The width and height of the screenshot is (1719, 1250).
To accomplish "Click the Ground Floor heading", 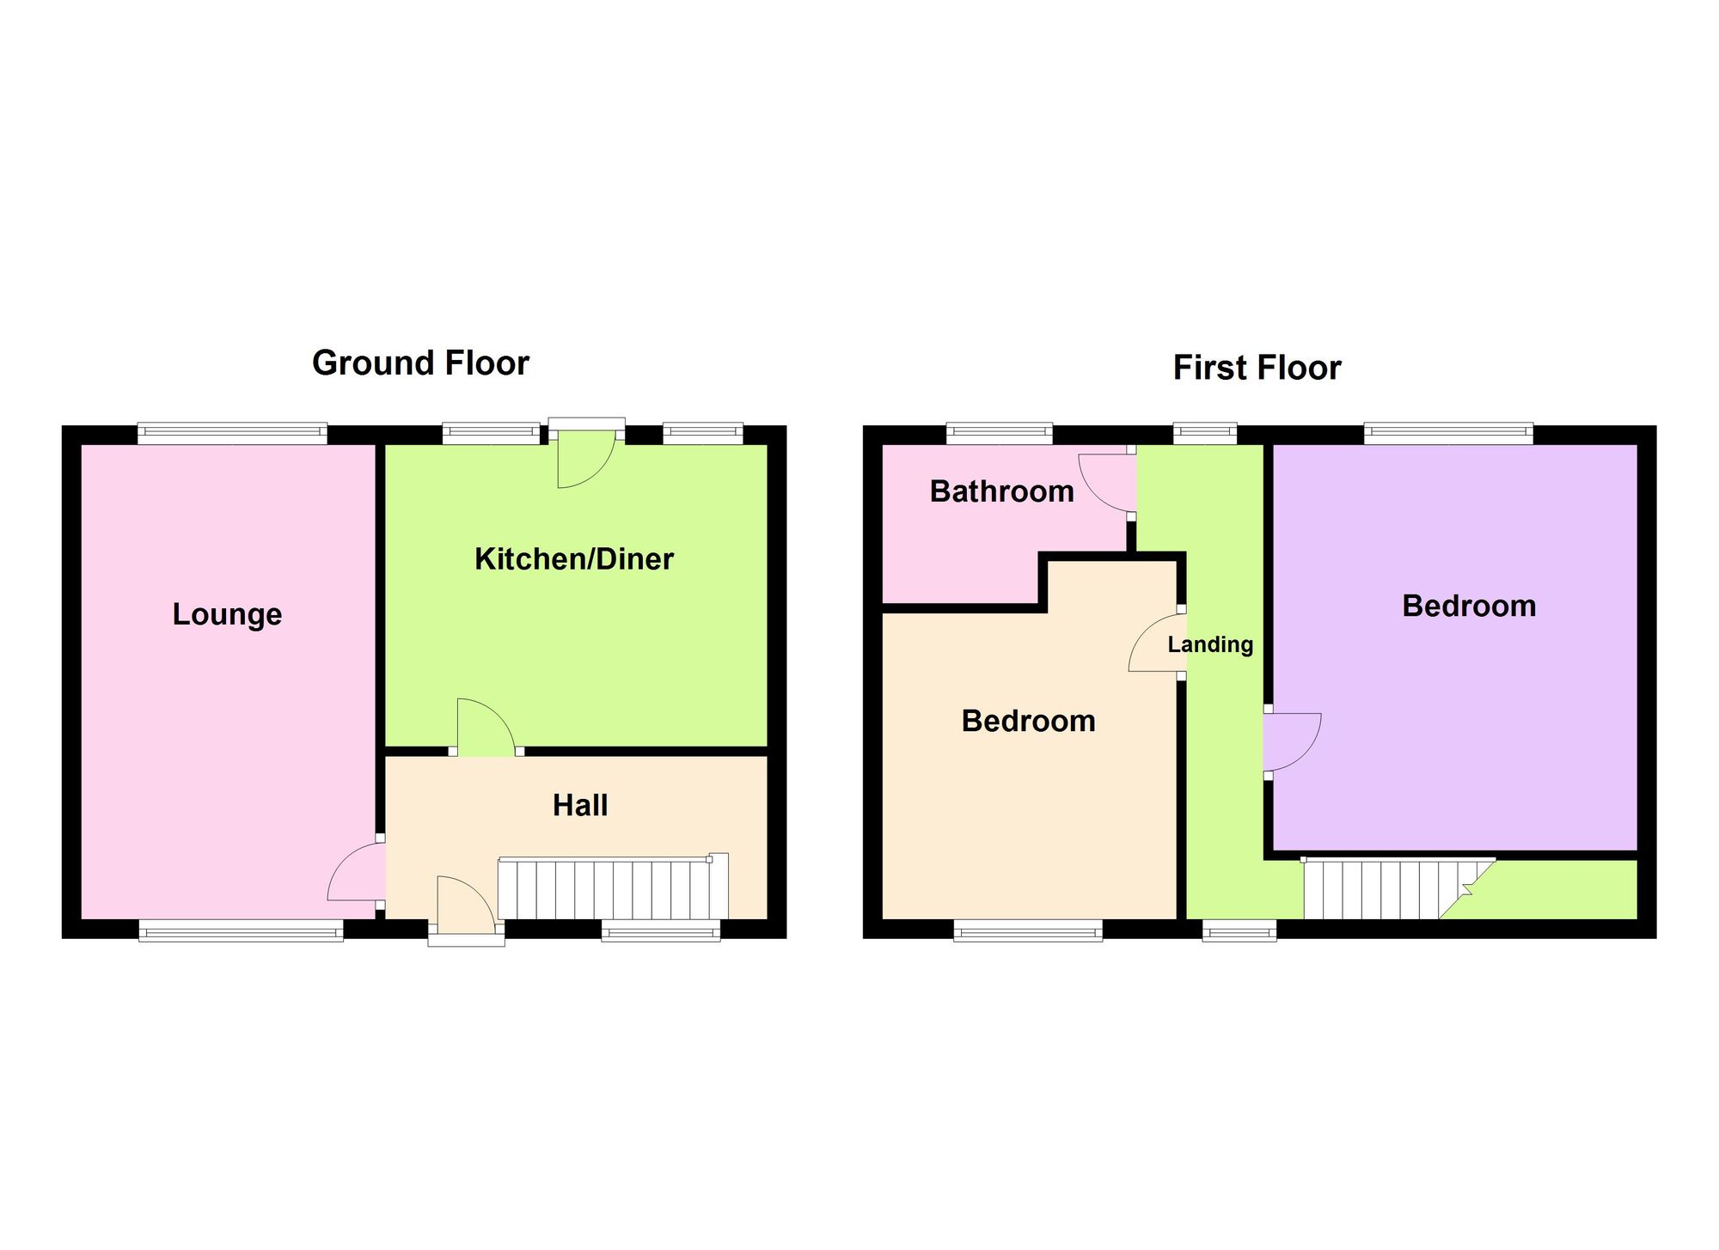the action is (x=420, y=363).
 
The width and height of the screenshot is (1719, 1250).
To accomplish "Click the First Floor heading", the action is (x=1257, y=368).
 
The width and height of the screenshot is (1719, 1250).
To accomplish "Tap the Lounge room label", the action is (x=227, y=614).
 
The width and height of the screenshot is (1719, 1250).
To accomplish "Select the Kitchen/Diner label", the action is (x=574, y=559).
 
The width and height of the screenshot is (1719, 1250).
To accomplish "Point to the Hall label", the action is (x=580, y=806).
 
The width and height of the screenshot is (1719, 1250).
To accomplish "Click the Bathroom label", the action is (x=1002, y=491).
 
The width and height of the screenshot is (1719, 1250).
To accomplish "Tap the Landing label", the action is (x=1210, y=644).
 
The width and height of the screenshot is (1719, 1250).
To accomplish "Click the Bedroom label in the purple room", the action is (x=1469, y=607).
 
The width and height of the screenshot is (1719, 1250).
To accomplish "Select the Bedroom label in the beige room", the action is (x=1029, y=721).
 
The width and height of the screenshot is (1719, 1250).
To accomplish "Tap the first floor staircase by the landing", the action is (x=1398, y=888).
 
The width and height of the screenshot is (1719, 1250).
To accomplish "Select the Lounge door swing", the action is (x=356, y=871).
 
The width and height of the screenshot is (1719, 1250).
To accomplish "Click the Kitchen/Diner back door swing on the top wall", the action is (x=587, y=460).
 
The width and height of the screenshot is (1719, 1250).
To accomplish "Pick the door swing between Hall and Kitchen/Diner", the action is (x=486, y=728).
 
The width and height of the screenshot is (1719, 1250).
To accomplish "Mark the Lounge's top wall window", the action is (x=232, y=434).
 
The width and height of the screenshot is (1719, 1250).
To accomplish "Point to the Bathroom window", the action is (x=1000, y=434).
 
